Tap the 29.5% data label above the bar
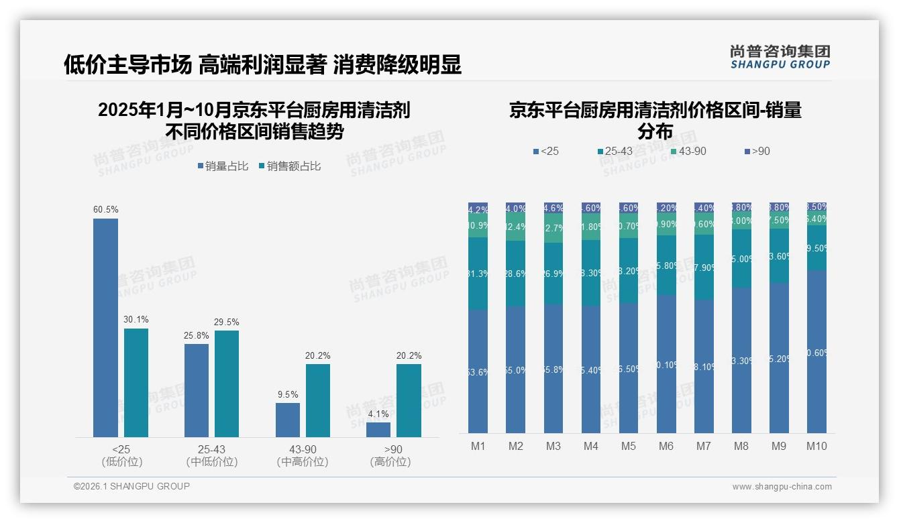pos(226,323)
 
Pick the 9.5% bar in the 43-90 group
pos(288,420)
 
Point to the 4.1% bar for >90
pos(378,430)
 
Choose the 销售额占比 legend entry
pos(289,166)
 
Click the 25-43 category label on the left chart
pos(212,449)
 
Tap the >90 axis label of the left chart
pos(393,449)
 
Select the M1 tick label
pos(478,447)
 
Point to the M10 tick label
pos(816,447)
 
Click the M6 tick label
pos(666,447)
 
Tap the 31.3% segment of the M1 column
pos(478,273)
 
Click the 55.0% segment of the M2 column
pos(516,369)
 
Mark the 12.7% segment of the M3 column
pos(553,229)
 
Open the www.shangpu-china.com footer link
pos(782,487)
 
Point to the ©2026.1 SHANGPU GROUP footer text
pos(131,486)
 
